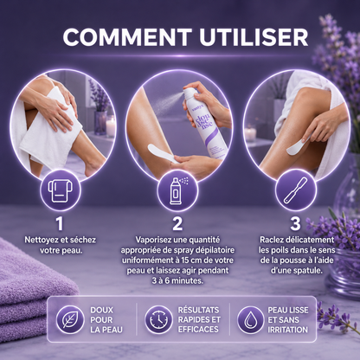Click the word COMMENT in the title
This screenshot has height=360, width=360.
(127, 37)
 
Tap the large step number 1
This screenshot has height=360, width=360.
(60, 223)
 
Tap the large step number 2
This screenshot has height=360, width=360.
(177, 223)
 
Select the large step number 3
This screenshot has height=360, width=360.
(295, 223)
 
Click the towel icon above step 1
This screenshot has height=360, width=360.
(60, 190)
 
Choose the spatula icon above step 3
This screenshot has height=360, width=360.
(296, 190)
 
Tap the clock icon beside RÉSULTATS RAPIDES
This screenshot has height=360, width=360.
(158, 319)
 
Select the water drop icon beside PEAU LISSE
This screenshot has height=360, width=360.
(250, 319)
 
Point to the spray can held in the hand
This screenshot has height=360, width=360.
(202, 121)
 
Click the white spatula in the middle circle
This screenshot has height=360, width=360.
(162, 154)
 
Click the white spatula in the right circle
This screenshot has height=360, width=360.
(297, 147)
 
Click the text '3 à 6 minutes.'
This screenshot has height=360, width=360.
(177, 280)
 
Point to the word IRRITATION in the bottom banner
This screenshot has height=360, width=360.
(288, 330)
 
